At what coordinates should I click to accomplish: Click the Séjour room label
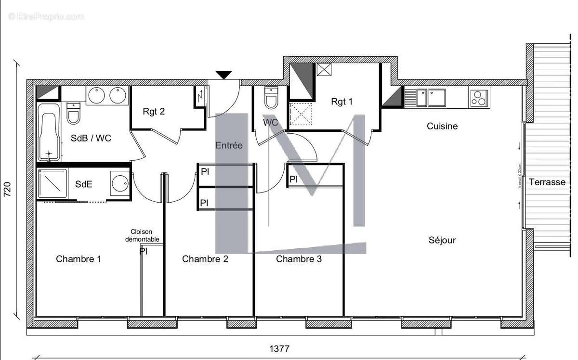tap(442, 240)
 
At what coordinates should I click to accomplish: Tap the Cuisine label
tap(442, 126)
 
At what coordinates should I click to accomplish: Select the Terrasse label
tap(547, 182)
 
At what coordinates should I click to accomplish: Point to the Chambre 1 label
tap(79, 259)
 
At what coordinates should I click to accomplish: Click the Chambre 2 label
tap(205, 259)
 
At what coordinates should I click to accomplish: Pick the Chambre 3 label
tap(299, 259)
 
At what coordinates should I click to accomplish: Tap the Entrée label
tap(229, 145)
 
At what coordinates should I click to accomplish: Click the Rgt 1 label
tap(342, 102)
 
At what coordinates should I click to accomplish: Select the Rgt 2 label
tap(154, 112)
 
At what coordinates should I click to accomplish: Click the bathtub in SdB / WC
tap(49, 131)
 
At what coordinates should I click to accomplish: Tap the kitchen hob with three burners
tap(479, 98)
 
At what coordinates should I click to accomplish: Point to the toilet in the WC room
tap(271, 99)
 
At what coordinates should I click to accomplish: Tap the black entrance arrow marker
tap(223, 75)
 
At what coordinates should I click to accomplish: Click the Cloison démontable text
tap(142, 235)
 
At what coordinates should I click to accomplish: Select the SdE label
tap(84, 184)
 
